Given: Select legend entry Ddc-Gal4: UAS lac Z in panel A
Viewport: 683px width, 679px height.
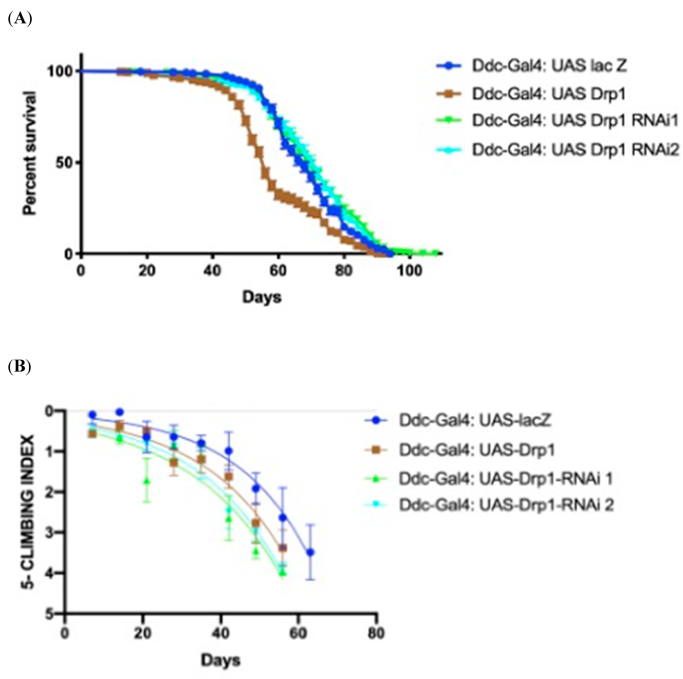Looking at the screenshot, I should point(549,66).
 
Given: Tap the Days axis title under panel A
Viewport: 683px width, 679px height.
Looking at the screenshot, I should point(262,297).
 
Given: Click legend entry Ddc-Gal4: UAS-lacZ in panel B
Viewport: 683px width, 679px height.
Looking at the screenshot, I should point(475,420).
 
